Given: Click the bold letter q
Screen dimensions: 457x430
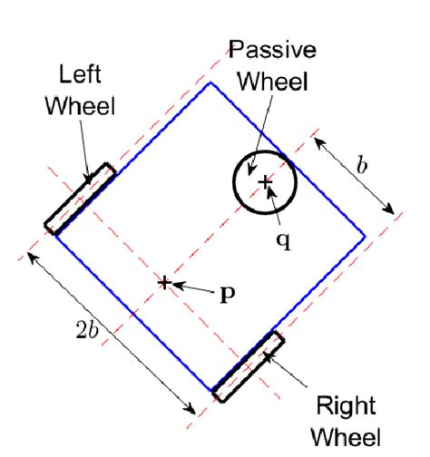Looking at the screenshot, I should point(283,244).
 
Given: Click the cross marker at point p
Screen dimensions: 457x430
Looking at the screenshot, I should point(164,283).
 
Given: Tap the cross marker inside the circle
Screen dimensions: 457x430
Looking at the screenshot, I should point(265,183).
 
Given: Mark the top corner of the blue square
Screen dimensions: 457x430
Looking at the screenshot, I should point(211,83).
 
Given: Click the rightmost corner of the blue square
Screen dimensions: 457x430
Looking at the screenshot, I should point(364,238).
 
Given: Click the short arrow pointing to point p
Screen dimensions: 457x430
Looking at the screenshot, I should point(192,288).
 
